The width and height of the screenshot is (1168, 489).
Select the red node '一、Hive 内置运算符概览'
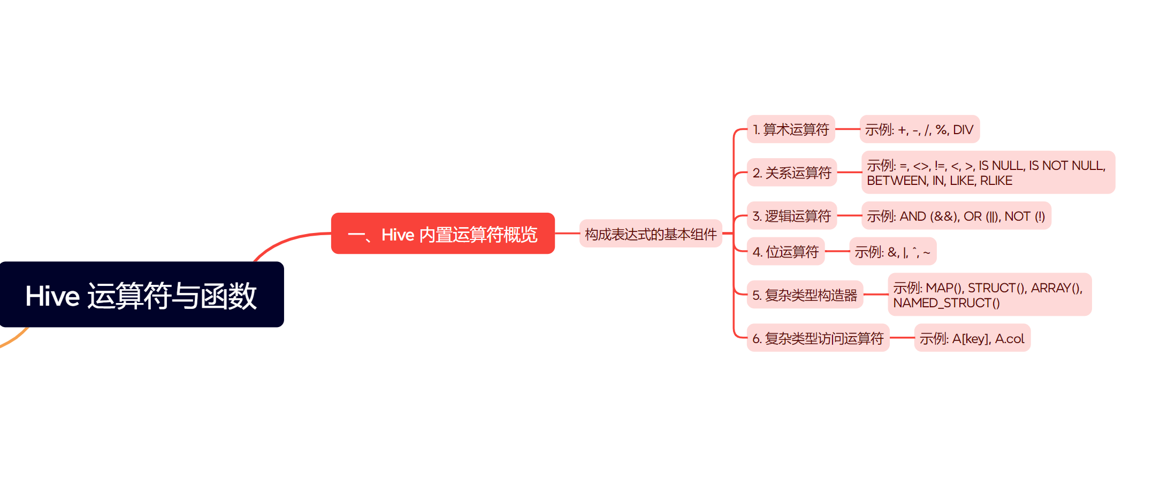442,234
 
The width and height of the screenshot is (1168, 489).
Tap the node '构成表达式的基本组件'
650,234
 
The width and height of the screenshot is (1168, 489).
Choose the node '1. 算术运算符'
790,129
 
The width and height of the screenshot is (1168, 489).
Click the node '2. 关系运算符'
791,172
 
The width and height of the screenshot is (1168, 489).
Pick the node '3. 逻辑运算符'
791,216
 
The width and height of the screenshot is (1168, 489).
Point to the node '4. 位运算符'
785,251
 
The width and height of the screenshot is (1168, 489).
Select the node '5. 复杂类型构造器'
804,294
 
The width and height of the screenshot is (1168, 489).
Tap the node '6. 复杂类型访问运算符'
818,338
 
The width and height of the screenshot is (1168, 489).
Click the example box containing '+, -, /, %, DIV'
919,129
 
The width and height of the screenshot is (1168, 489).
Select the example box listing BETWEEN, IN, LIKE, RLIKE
988,172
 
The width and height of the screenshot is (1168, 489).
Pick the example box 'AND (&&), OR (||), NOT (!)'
956,216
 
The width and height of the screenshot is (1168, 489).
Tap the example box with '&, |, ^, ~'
892,251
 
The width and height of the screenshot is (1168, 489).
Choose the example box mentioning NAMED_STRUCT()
989,294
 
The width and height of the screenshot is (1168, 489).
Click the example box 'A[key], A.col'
972,338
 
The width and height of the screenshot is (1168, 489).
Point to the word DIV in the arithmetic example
963,130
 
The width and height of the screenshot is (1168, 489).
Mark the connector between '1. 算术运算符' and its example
847,129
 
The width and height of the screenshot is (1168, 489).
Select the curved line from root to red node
289,240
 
